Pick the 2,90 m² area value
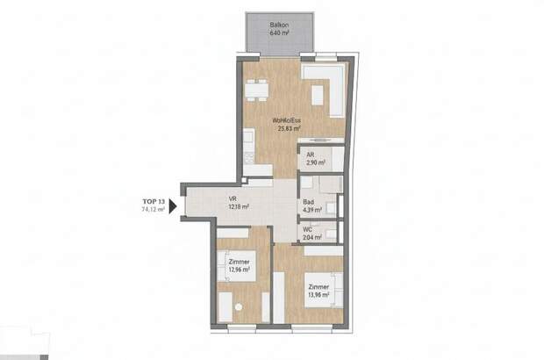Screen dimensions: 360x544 315,163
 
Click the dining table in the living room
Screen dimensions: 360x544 256,90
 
